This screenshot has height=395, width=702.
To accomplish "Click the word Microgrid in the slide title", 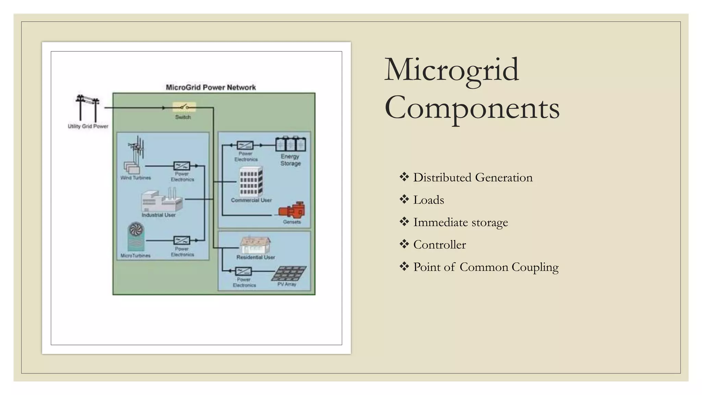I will [x=451, y=70].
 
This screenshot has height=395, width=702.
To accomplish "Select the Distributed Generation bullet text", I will [x=473, y=178].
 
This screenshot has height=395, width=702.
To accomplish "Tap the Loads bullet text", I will [x=428, y=200].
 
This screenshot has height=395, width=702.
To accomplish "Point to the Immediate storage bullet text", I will [x=460, y=222].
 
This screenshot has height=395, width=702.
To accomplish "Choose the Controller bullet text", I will [x=439, y=245].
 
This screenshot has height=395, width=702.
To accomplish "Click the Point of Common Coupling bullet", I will [x=486, y=267].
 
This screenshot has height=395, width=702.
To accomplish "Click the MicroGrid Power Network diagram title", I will [x=211, y=87].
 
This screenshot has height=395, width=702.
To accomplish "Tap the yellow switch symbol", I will [x=184, y=107].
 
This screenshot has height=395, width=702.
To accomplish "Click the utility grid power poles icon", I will [x=87, y=108].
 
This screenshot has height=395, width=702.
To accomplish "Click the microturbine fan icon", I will [x=136, y=237].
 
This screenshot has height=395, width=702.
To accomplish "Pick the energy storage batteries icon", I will [x=291, y=144].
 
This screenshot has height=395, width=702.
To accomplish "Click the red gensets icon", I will [x=292, y=210].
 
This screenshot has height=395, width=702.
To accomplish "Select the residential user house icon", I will [x=255, y=245].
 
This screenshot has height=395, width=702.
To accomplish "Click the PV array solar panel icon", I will [x=290, y=274].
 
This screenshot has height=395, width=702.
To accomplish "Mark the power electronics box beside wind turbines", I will [x=182, y=166].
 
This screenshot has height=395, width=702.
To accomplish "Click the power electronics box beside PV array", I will [x=243, y=272].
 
